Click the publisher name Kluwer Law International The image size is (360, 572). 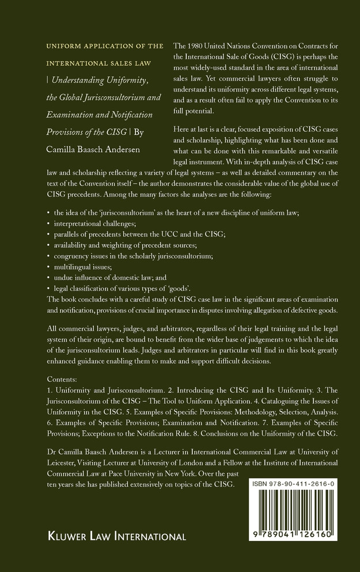[x=109, y=536]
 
